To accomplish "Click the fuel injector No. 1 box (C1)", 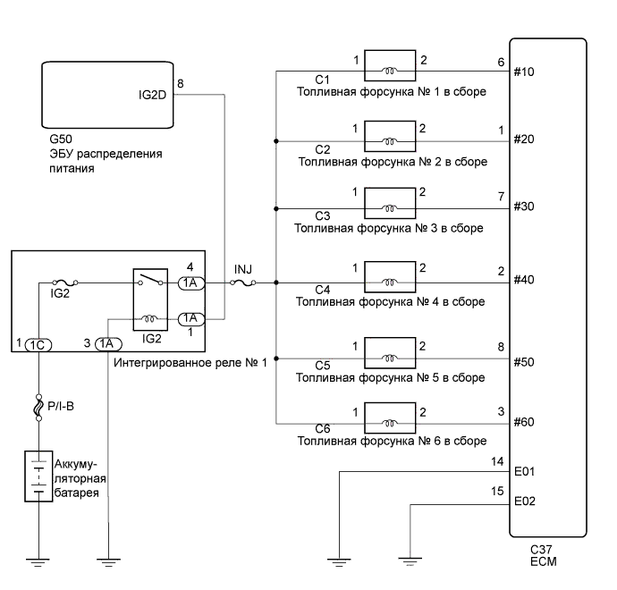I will (389, 68).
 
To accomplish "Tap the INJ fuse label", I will (242, 269).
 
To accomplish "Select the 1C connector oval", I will (40, 343).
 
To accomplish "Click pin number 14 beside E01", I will (498, 461).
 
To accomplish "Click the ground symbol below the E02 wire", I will (410, 561).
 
